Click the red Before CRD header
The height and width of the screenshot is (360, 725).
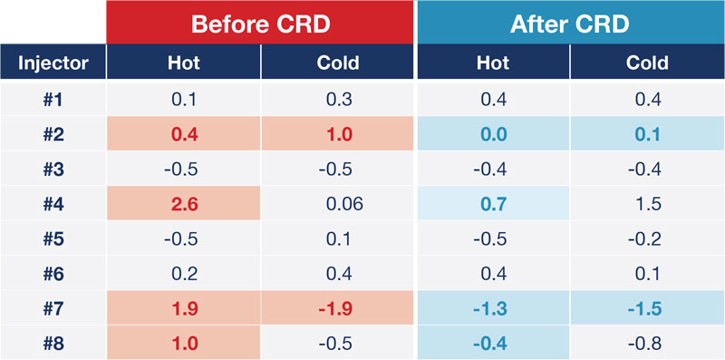point(261,22)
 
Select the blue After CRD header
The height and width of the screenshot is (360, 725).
point(570,22)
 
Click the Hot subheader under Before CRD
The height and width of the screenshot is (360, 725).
point(184,63)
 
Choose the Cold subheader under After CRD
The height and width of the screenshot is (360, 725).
point(647,63)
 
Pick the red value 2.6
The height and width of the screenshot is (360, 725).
point(184,204)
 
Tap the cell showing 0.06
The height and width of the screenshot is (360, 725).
point(338,204)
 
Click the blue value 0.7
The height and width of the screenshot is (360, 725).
point(493,204)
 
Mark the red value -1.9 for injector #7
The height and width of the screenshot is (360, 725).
point(338,309)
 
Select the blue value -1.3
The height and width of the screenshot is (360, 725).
point(493,309)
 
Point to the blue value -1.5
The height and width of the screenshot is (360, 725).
point(647,309)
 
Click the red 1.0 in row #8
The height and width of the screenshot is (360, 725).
point(184,344)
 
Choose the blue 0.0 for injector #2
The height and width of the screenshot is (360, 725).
point(493,134)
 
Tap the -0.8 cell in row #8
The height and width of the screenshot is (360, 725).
point(647,344)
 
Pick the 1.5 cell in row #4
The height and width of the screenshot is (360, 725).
point(647,204)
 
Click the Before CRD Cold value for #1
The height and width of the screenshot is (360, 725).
point(338,99)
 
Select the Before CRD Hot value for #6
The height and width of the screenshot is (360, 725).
point(184,274)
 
